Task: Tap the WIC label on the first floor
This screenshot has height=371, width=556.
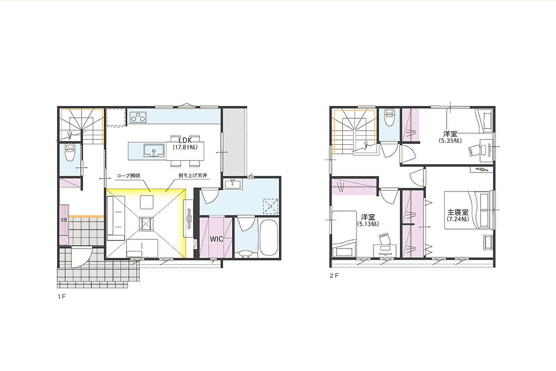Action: coord(217,239)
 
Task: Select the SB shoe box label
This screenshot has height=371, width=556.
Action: coord(64,220)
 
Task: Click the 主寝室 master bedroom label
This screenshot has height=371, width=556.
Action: coord(458,212)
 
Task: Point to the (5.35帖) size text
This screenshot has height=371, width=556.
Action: coord(450,141)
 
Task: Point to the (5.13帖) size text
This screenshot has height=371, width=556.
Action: coord(367,224)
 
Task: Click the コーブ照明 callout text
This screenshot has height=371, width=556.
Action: coord(128,176)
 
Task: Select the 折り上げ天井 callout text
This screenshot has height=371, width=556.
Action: coord(193,175)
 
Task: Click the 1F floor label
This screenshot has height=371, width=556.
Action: coord(62,297)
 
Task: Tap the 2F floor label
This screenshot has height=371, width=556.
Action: coord(334,276)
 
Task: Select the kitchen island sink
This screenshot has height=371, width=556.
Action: coord(154,150)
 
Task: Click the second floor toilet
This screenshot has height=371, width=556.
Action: coord(389,118)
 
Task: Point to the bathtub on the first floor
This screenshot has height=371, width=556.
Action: coord(269,237)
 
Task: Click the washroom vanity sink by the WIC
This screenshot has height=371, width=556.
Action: coord(232,185)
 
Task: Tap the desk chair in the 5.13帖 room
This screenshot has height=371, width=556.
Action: coord(384,239)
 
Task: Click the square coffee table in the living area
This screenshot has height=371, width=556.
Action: coord(147,202)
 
